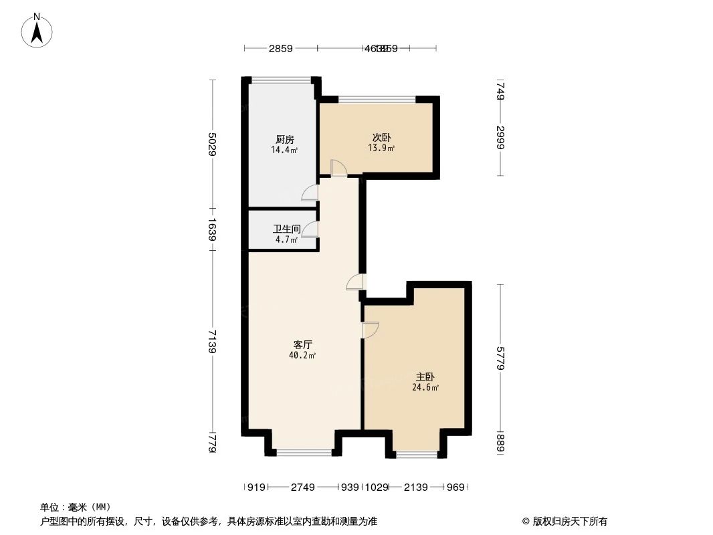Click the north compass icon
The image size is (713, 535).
click(x=38, y=30)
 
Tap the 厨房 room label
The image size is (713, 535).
click(x=284, y=140)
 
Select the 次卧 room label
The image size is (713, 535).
click(x=382, y=138)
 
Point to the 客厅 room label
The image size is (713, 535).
click(x=303, y=344)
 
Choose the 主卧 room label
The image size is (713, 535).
click(x=425, y=377)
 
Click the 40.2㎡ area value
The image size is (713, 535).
click(x=302, y=355)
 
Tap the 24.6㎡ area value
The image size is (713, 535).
click(x=425, y=387)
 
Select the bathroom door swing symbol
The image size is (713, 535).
click(x=310, y=230)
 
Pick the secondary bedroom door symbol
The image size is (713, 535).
click(x=338, y=168)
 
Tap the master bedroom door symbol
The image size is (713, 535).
click(x=370, y=330)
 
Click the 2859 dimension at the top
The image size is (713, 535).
click(x=281, y=48)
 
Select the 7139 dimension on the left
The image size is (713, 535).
click(x=212, y=341)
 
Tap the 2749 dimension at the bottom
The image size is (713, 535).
click(x=302, y=488)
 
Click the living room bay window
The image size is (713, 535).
click(x=304, y=453)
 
